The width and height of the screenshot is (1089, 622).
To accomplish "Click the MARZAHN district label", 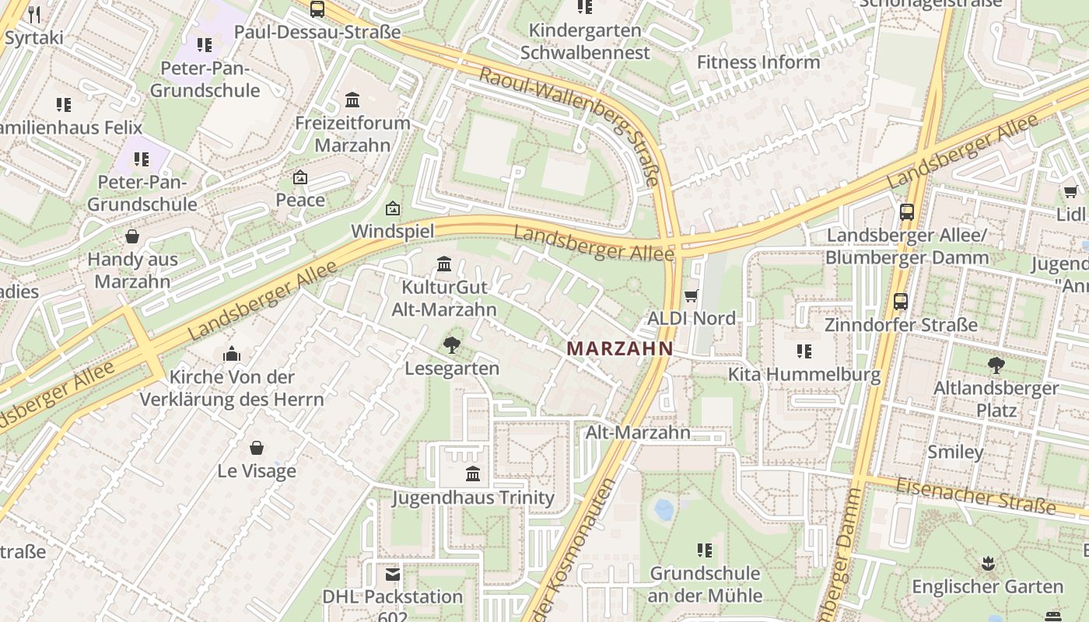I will coord(620,349).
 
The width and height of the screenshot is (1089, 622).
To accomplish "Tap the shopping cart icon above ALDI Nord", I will coord(691,295).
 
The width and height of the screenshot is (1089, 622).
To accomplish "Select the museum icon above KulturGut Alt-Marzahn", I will coord(444,264).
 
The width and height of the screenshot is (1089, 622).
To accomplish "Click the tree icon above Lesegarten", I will coord(451,345).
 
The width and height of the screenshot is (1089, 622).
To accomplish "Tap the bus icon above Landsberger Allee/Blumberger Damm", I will coord(906,211).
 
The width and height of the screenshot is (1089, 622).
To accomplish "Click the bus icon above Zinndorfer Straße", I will coord(901,302).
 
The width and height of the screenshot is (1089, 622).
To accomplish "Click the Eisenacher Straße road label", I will coord(975,497).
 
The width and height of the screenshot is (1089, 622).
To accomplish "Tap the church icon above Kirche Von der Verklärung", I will coord(232,355).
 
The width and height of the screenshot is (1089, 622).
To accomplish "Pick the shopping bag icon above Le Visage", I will coord(257,448).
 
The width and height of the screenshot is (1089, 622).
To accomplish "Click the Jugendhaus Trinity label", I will coord(473,498).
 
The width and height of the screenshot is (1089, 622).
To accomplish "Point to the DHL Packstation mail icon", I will coord(393,575).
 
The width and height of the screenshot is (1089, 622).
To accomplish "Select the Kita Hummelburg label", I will coord(804,374).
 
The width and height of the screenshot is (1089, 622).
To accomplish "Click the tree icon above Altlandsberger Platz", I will coord(996,365).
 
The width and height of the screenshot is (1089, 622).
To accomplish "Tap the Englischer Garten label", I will coord(987,586).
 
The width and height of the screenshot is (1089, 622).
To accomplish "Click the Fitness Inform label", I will coord(758,62).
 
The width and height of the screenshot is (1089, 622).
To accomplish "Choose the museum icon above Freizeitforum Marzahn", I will coord(352,100).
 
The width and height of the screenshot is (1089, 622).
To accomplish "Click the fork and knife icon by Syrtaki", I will coord(34,14).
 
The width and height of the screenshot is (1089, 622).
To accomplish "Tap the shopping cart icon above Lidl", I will coord(1071,191).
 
